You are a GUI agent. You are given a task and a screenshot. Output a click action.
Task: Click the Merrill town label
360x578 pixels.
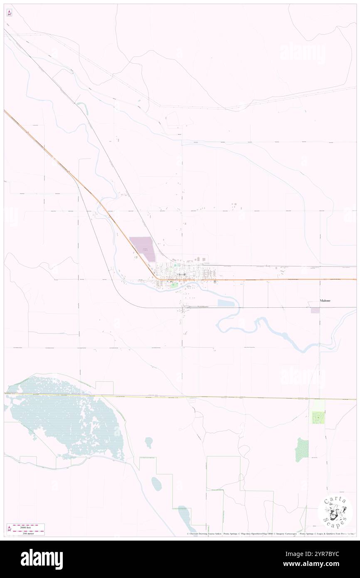(x=182, y=275)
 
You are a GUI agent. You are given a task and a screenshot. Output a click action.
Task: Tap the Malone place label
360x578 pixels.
(x=325, y=300)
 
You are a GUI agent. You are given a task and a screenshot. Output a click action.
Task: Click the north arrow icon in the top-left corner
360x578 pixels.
(x=9, y=13)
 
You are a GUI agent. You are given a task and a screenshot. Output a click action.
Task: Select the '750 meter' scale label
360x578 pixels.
(x=29, y=533)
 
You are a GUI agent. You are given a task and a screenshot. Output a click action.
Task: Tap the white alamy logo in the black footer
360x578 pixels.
(x=42, y=559)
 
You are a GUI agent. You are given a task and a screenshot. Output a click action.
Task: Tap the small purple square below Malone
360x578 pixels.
(x=316, y=310)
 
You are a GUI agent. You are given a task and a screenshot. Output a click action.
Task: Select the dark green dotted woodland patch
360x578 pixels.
(x=301, y=450)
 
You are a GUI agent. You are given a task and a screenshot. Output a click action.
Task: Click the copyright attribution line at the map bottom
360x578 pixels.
(x=270, y=534)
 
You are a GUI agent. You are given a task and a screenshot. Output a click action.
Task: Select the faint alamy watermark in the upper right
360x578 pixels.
(x=303, y=53)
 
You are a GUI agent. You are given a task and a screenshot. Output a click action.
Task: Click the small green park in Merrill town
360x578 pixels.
(x=174, y=285)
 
